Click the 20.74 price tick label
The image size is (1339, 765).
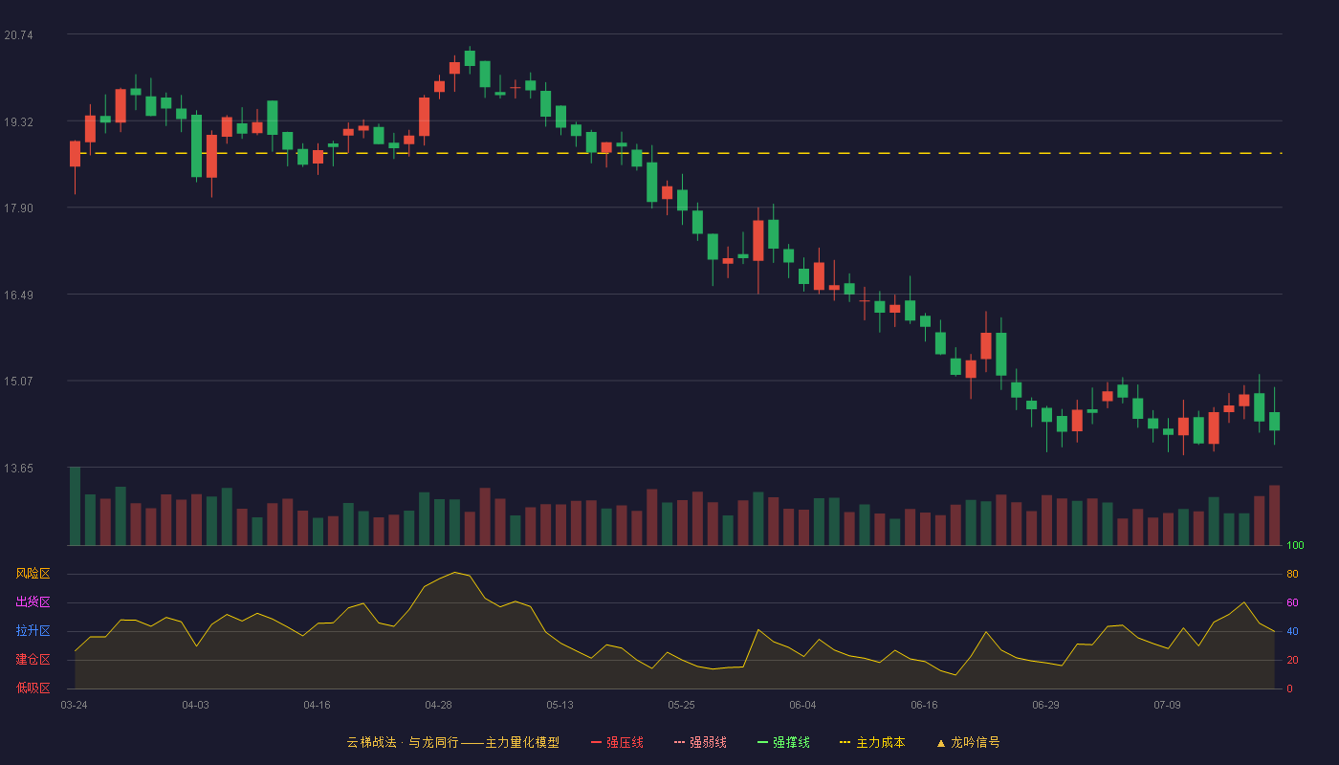[18, 35]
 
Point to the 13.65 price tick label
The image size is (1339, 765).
[18, 468]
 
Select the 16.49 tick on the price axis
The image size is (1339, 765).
[18, 295]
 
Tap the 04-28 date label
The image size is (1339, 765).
[438, 706]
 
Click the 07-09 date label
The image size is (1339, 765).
[1167, 706]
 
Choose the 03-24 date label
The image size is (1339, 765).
[75, 706]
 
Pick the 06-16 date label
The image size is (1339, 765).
[924, 706]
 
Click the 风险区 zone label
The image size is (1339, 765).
[33, 574]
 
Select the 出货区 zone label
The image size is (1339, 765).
[33, 601]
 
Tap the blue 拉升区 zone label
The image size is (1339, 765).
[33, 630]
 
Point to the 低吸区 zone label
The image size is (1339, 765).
[33, 688]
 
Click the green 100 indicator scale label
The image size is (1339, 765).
[1295, 545]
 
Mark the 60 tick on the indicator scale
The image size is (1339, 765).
[1292, 602]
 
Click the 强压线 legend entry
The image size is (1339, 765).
[617, 742]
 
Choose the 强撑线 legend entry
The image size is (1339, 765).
[783, 742]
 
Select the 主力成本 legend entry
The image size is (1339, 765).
[872, 742]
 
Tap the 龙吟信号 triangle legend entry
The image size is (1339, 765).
[968, 742]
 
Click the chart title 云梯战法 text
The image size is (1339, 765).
[372, 742]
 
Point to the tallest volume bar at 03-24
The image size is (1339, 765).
[75, 506]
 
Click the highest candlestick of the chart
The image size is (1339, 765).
[470, 58]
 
